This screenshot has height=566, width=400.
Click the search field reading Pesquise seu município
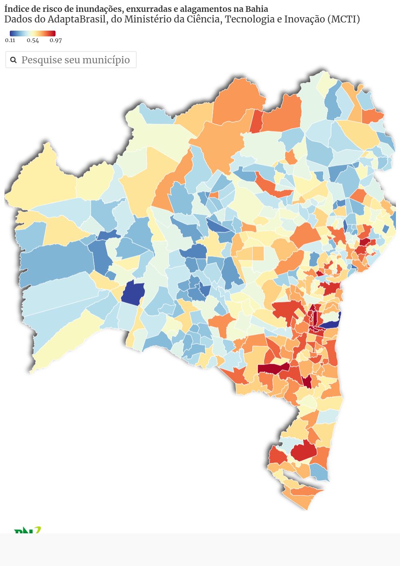[76, 60]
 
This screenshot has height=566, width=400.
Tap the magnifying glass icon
[13, 60]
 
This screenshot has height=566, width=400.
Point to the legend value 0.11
[10, 40]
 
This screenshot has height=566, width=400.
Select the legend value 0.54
[33, 40]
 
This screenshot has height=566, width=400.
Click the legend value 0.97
[56, 40]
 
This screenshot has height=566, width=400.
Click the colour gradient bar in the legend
[33, 34]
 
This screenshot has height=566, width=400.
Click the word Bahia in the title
[256, 9]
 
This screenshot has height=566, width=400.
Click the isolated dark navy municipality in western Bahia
[133, 292]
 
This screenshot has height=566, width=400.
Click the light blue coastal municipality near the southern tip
[320, 472]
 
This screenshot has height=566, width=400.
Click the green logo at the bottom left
[27, 530]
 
